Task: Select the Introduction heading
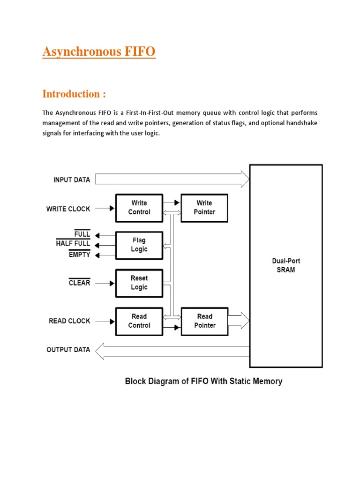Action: pos(74,94)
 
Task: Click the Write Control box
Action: pos(139,208)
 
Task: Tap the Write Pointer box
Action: pos(204,208)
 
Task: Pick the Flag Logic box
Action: pos(139,245)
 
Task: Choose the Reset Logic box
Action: pos(139,283)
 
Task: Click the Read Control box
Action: pos(139,321)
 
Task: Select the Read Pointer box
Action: pos(204,321)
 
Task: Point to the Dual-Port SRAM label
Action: pos(285,266)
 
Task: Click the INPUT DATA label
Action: pos(72,180)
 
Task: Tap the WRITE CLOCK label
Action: pos(68,209)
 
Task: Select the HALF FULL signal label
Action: pos(73,244)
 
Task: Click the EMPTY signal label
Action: pos(79,255)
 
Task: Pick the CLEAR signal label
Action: pos(79,283)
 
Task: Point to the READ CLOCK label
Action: pos(69,321)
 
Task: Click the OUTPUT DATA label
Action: pos(68,350)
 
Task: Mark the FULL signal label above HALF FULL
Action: pos(82,233)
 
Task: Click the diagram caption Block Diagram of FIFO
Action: pos(203,382)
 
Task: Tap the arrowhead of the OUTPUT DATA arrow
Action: pos(99,351)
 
